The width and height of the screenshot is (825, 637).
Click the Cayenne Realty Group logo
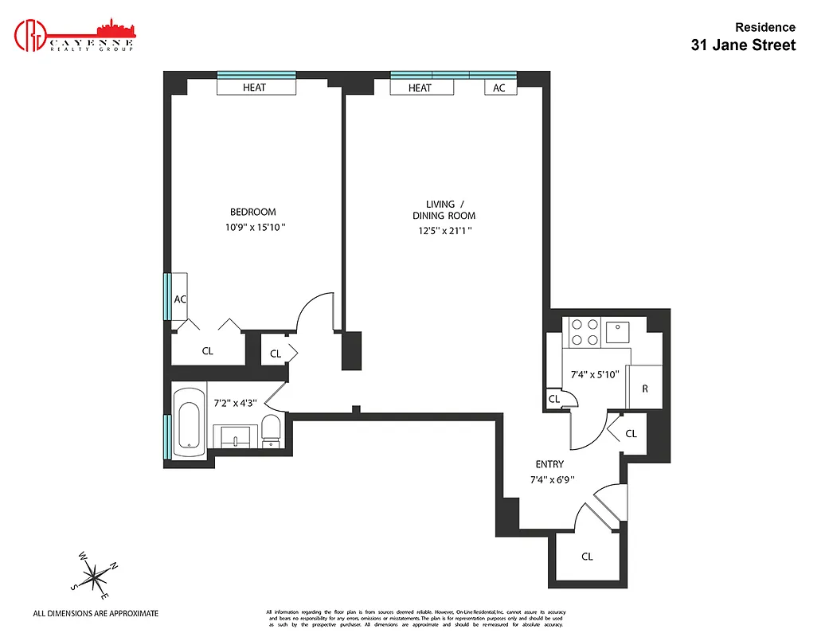pyautogui.click(x=76, y=35)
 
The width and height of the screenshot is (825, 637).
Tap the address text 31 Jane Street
pyautogui.click(x=742, y=45)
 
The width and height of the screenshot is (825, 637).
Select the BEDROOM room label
pyautogui.click(x=252, y=212)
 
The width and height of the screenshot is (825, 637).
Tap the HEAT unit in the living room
pyautogui.click(x=420, y=88)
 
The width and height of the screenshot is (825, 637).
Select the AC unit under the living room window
pyautogui.click(x=499, y=88)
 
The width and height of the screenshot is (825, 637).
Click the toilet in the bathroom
pyautogui.click(x=271, y=431)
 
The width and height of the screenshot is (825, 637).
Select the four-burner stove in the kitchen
pyautogui.click(x=583, y=331)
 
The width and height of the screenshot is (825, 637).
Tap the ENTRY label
pyautogui.click(x=549, y=464)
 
